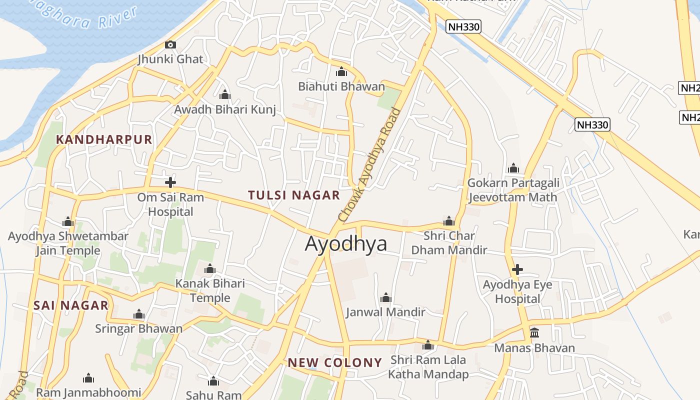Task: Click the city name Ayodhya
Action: [346, 243]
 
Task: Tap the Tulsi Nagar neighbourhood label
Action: [294, 195]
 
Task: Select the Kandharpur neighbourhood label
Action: [104, 139]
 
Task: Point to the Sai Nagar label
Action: [71, 305]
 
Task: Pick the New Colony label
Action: [334, 362]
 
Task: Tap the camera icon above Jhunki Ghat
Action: [170, 44]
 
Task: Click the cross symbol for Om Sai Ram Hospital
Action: [170, 182]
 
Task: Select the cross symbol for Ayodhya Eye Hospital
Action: [517, 269]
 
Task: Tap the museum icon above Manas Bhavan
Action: [534, 332]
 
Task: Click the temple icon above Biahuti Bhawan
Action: [341, 71]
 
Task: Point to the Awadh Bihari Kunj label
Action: [225, 109]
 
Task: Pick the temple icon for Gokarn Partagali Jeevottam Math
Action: [513, 168]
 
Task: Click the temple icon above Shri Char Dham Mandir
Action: [449, 221]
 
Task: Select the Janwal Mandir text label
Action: [385, 312]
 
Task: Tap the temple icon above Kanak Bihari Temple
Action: [210, 269]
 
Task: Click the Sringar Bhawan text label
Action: [139, 328]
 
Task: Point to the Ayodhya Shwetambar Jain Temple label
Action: [68, 243]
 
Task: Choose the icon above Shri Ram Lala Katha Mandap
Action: [428, 345]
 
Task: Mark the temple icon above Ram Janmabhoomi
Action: [88, 377]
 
